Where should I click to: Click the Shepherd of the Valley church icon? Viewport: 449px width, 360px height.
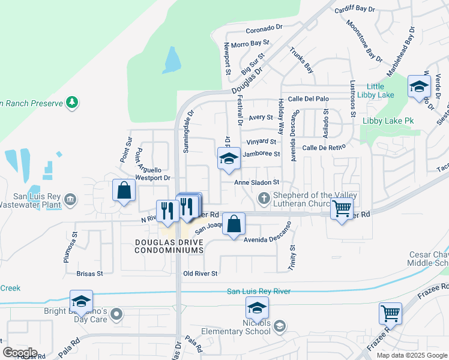263,198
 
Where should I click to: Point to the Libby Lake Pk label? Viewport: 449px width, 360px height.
388,121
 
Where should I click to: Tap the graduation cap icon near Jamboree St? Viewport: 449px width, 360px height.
229,159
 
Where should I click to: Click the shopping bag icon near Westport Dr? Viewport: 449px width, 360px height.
124,191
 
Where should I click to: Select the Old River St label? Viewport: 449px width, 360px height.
200,274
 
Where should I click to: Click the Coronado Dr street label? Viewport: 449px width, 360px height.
263,28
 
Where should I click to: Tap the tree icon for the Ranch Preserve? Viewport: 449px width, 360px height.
72,103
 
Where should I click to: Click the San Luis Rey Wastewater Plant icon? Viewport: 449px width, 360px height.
70,198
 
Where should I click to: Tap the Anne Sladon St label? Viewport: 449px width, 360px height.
257,182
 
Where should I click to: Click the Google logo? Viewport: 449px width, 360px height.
20,352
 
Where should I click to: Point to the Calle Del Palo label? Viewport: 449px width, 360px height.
309,98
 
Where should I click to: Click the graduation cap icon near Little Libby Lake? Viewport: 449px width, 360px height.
418,85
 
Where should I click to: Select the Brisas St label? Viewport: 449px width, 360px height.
90,274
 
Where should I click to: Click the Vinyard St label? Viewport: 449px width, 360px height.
261,142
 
